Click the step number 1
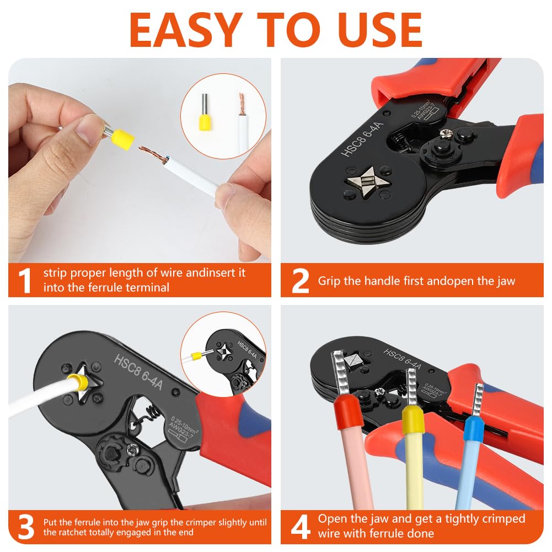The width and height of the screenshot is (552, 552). [25, 281]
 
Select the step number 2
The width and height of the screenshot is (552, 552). [300, 281]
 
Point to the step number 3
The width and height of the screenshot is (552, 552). [26, 527]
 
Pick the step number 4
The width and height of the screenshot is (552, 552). [301, 527]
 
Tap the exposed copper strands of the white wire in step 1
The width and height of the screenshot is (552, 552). [153, 154]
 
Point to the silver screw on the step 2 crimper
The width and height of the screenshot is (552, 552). [446, 133]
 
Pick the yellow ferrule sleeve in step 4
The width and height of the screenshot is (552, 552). [413, 419]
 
